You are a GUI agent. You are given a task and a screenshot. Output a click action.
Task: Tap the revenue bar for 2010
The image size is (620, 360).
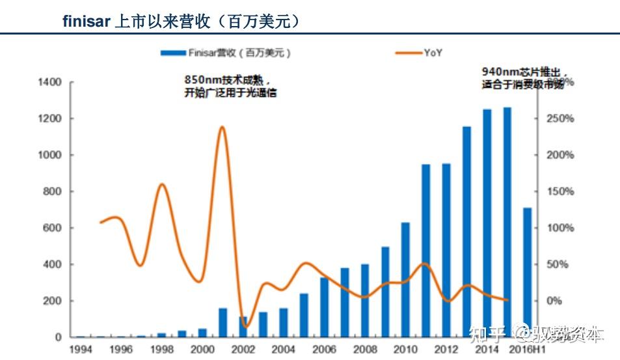(405, 280)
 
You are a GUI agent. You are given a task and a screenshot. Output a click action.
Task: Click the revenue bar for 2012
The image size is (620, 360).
(446, 250)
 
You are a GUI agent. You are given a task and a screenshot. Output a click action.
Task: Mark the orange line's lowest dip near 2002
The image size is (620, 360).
(245, 326)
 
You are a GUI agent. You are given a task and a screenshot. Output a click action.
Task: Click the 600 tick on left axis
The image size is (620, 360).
(53, 228)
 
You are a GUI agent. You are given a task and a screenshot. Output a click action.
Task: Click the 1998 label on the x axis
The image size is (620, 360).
(161, 349)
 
